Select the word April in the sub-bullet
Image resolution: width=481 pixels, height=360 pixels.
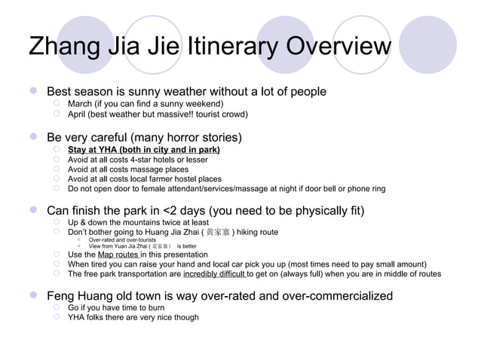click(78, 114)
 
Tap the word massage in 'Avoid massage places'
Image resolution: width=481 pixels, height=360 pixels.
click(146, 169)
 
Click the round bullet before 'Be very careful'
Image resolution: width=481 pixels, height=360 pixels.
click(32, 138)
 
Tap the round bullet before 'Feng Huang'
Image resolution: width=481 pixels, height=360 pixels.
click(32, 296)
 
